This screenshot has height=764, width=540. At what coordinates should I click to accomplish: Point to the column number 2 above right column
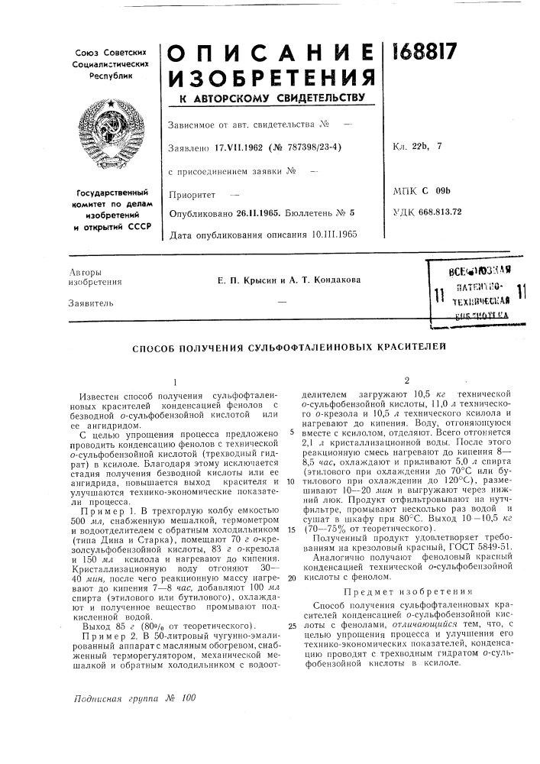[408, 380]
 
